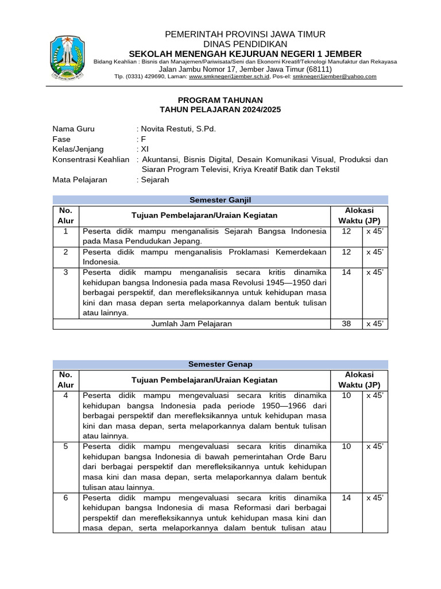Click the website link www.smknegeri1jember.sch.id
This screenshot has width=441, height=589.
point(229,77)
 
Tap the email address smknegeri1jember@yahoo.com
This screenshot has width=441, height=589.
point(334,77)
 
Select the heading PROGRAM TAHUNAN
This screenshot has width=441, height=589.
point(220,100)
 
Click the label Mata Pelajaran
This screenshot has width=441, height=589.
point(80,180)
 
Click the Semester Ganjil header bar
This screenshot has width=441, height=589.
point(220,200)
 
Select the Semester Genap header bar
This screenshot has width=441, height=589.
point(220,364)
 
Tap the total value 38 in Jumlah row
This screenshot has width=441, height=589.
point(346,324)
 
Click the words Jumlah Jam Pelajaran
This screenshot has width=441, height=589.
point(191,324)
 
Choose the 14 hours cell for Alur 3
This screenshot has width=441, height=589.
point(346,272)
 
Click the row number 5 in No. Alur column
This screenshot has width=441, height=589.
point(66,446)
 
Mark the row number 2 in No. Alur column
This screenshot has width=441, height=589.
point(66,252)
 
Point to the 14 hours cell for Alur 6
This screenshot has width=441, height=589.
point(346,498)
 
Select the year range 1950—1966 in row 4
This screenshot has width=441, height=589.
point(283,406)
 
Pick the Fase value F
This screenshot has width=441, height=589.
point(144,139)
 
